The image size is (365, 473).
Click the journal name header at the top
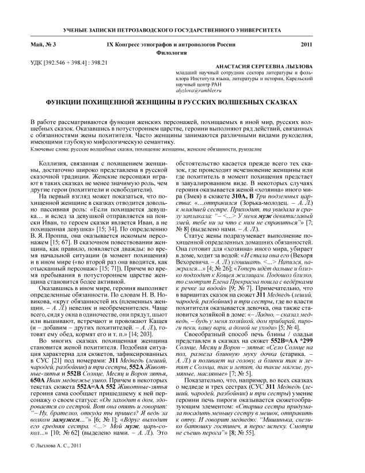[x=182, y=28]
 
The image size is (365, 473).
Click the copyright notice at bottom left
[x=54, y=463]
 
